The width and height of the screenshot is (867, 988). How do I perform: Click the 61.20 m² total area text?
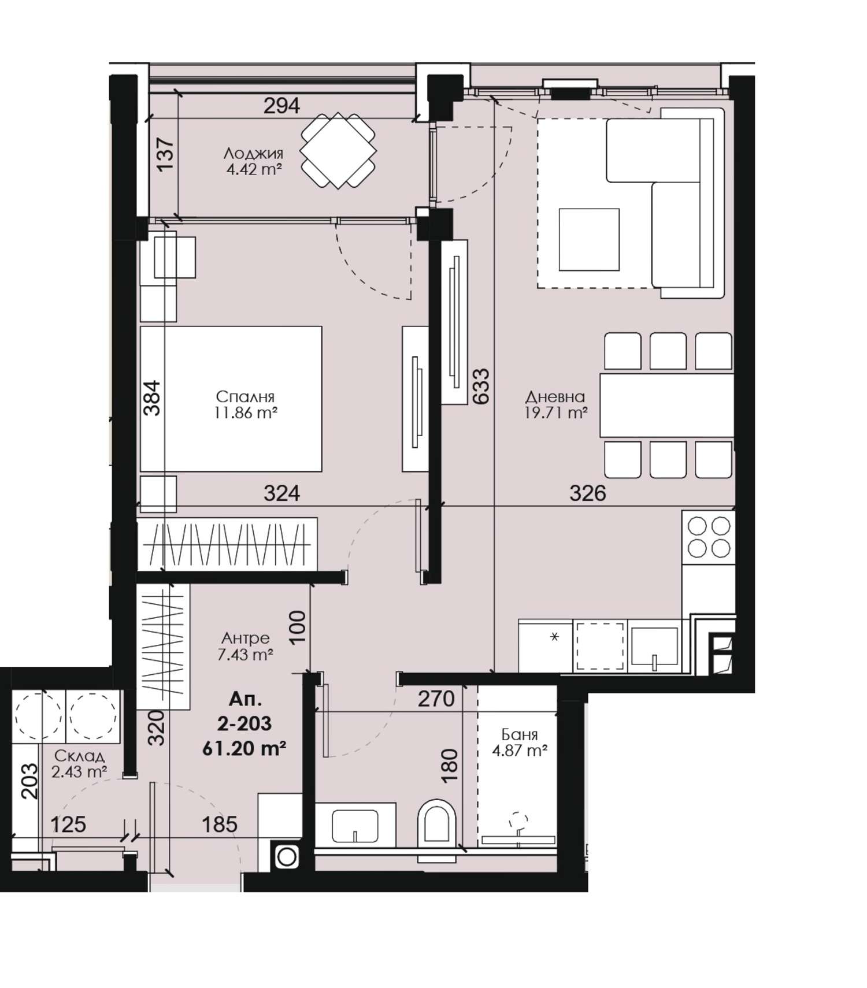point(244,749)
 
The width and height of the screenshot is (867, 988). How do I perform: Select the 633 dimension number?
point(481,386)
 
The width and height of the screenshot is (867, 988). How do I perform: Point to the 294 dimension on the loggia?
point(282,106)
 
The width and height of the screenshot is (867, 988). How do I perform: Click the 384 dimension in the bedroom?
point(152,398)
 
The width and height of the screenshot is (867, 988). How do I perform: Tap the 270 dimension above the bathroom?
point(436,699)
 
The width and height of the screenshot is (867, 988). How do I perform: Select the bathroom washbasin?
point(355,825)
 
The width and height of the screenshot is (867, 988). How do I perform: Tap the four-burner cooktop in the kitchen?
point(709,536)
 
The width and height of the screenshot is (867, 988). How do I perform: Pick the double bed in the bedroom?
point(231,399)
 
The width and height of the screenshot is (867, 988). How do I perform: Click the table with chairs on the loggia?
point(338,151)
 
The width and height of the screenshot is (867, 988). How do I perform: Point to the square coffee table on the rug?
point(589,239)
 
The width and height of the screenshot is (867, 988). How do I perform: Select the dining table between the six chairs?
point(666,405)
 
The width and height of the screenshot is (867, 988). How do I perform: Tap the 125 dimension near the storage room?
point(68,824)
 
